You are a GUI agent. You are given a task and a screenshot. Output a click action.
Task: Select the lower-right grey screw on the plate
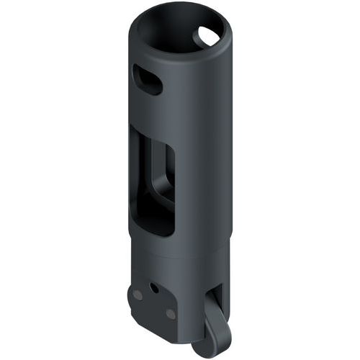[x=170, y=315]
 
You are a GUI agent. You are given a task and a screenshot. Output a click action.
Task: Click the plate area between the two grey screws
[x=154, y=305]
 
